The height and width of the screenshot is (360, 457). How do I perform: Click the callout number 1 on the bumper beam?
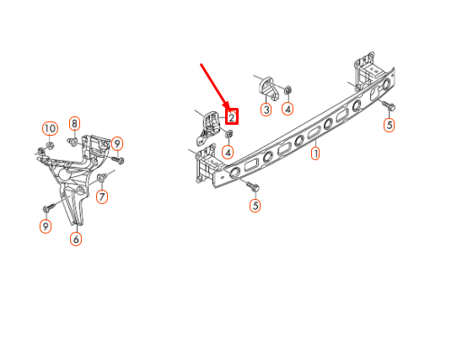point(315,154)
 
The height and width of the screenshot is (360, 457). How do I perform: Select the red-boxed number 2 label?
point(231,118)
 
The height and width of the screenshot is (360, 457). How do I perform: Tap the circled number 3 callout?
point(266,109)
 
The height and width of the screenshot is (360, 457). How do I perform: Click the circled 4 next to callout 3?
point(288,108)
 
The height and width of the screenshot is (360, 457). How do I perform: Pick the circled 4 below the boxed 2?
point(228,152)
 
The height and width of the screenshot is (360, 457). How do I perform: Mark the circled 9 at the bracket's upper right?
point(117,142)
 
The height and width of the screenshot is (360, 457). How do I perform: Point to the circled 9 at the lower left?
point(46,227)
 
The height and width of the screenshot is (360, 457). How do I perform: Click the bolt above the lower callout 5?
point(255,185)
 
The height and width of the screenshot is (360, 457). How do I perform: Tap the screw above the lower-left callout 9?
point(49,206)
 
